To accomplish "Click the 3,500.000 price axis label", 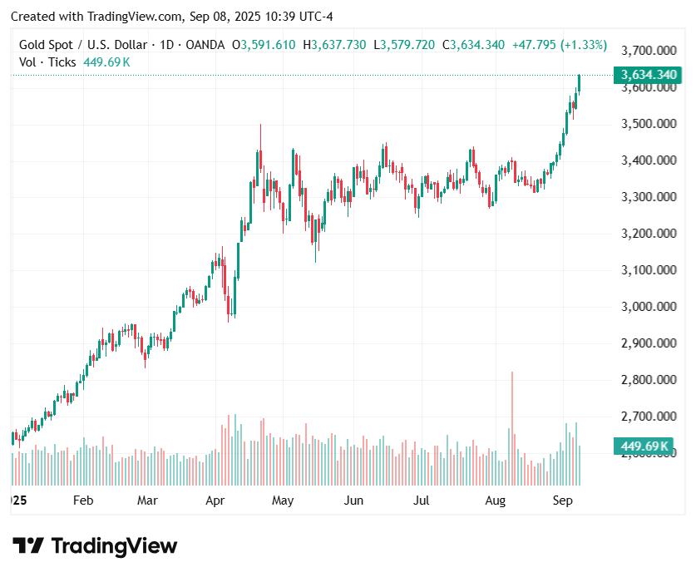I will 649,124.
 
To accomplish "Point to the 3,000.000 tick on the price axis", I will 649,307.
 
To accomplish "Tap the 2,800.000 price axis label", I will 649,380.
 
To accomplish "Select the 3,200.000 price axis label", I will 649,234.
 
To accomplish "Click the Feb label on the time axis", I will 82,501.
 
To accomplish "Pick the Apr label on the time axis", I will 215,501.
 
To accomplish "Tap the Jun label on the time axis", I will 354,501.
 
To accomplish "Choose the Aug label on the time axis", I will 496,501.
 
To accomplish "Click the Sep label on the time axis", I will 563,501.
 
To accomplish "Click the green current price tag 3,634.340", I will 649,76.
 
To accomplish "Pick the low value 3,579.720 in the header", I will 407,45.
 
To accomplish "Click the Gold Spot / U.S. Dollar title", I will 83,45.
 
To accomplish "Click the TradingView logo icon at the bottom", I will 28,546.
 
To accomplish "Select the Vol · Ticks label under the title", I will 48,62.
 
